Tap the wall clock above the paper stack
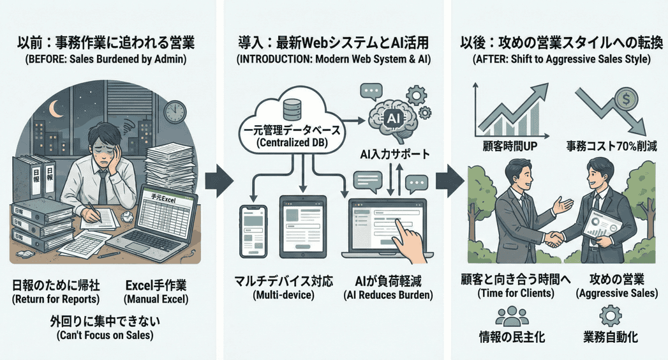(x=174, y=112)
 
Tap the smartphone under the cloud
(x=253, y=231)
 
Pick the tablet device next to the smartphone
(x=302, y=227)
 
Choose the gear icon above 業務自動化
(x=611, y=316)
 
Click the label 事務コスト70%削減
(x=611, y=147)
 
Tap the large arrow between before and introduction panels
(x=219, y=183)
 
